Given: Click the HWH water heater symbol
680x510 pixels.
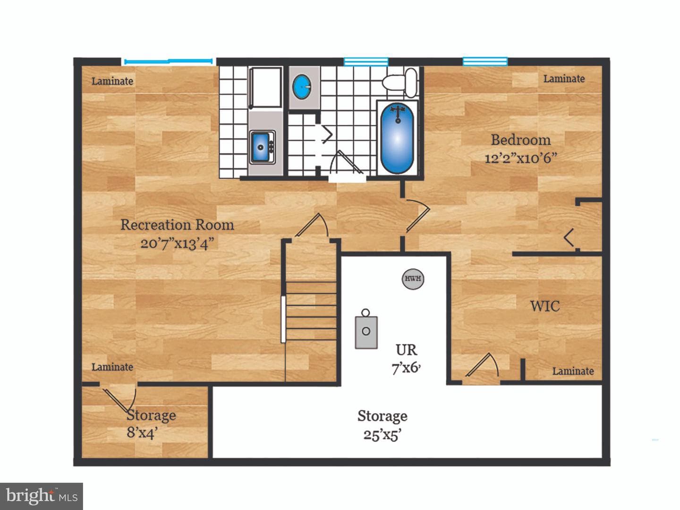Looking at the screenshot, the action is (413, 279).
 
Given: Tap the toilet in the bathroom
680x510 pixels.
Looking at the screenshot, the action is (399, 82).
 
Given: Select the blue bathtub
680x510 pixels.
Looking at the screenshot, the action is (397, 138).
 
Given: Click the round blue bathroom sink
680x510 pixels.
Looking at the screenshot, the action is (302, 87).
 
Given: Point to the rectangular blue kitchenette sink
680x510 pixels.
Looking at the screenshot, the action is (261, 147).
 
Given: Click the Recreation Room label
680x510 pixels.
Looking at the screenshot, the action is (177, 225).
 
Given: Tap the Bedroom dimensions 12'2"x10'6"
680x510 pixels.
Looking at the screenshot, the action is (520, 158).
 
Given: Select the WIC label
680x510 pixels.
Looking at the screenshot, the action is (545, 306).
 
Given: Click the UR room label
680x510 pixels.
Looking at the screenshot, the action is (407, 350).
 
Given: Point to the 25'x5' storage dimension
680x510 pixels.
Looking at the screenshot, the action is (382, 435).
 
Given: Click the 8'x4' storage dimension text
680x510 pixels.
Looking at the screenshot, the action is (143, 432).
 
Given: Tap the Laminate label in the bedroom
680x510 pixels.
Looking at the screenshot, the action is (564, 79).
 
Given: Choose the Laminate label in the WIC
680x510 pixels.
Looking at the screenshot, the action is (573, 371).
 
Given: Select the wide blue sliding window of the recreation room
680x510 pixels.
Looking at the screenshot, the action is (168, 61).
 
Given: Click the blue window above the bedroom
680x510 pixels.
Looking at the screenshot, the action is (485, 61).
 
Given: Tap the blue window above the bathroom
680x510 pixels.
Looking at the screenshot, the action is (366, 61).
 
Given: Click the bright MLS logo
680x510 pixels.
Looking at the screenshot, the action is (42, 496).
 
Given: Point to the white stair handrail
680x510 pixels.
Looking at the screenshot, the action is (283, 319).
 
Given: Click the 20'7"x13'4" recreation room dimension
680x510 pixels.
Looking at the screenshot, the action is (177, 243).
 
